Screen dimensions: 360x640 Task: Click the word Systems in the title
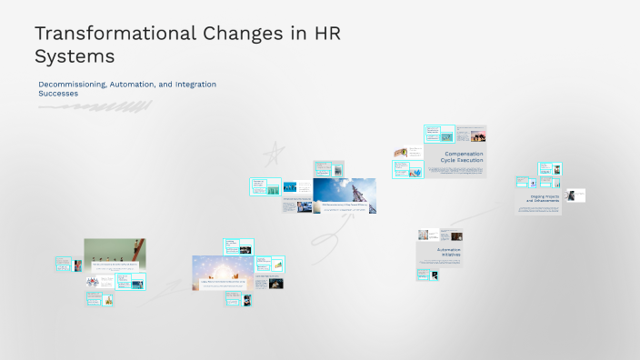74,56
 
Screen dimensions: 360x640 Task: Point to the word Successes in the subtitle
58,93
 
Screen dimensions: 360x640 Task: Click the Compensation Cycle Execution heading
464,157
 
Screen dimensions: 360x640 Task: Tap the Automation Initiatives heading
448,252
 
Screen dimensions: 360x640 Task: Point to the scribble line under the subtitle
91,107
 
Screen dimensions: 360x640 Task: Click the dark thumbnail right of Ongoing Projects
575,195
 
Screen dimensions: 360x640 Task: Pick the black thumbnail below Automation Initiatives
434,275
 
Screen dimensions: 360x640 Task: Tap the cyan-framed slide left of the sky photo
265,187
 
